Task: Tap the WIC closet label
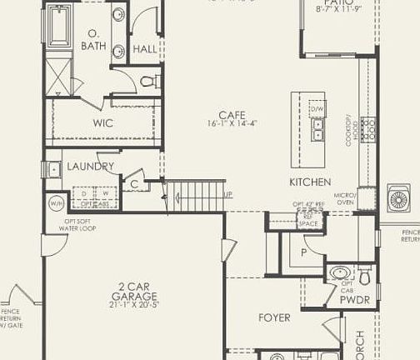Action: (x=103, y=122)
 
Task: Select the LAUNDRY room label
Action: (x=90, y=167)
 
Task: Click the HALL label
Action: (x=144, y=50)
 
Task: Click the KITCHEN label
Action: (x=310, y=182)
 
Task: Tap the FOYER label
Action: (x=274, y=317)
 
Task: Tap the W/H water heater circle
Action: (x=57, y=202)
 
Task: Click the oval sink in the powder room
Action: (x=339, y=274)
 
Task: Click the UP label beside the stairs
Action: (x=228, y=194)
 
